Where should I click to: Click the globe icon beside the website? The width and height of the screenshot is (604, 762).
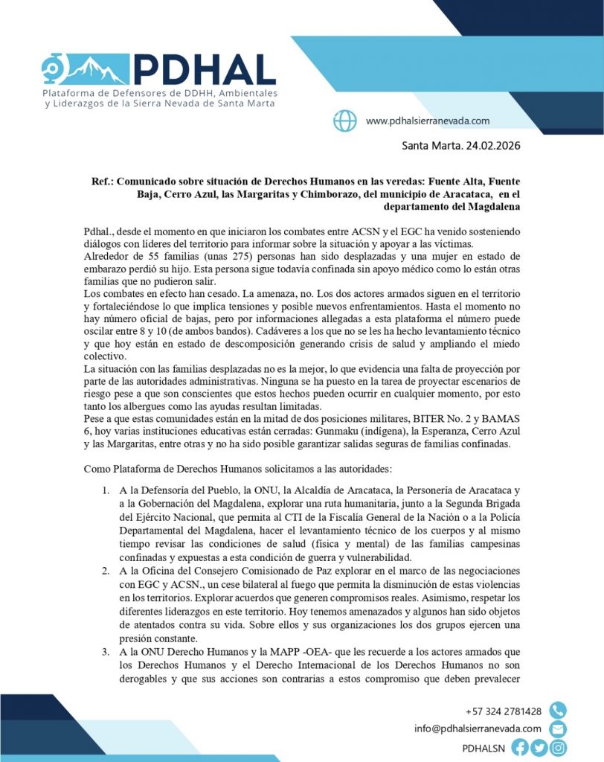click(344, 121)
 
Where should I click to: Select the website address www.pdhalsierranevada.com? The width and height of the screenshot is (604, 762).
click(428, 121)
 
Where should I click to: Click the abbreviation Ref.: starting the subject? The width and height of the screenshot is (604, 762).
click(103, 181)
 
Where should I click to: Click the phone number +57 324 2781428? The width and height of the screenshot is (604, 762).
click(504, 711)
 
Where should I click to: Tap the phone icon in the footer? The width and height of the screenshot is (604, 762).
click(557, 711)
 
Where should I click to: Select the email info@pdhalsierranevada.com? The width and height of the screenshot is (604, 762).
click(478, 729)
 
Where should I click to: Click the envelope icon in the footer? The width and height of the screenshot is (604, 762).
click(557, 729)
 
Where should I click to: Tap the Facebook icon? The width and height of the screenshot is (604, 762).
click(521, 747)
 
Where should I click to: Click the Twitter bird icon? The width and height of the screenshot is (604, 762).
click(539, 747)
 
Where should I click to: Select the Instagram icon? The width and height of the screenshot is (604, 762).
click(558, 747)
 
